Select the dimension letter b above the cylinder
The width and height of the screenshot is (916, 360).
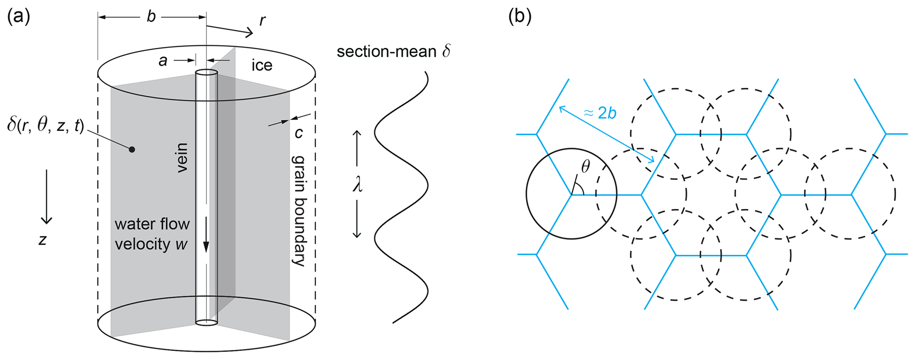(x=151, y=17)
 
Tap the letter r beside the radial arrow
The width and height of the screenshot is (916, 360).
(x=262, y=20)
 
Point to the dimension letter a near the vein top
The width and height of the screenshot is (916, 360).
(x=163, y=61)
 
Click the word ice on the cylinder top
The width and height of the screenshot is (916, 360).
(x=262, y=66)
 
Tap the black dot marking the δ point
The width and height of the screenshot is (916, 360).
(x=132, y=149)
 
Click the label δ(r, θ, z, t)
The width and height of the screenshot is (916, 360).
(x=46, y=126)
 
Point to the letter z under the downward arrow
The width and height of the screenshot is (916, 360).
(x=43, y=240)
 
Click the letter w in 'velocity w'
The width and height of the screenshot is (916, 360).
(x=181, y=244)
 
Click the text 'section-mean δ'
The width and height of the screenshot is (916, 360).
(x=394, y=52)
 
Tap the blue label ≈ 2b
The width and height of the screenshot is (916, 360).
(x=600, y=113)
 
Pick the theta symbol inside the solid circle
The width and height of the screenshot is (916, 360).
(x=586, y=167)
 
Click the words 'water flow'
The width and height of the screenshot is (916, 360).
(x=152, y=224)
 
